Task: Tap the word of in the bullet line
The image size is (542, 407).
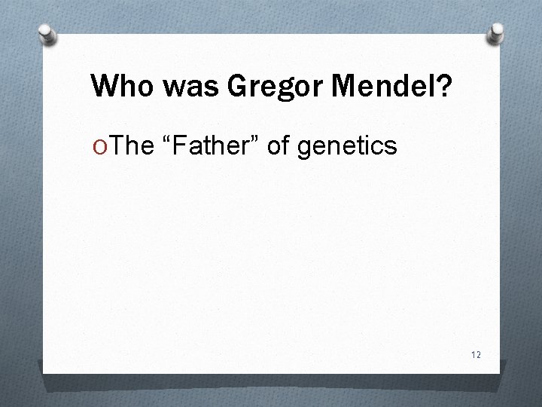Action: pos(278,145)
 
